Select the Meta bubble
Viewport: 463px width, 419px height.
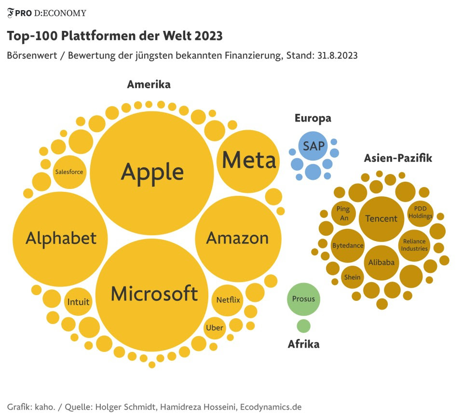click(x=249, y=161)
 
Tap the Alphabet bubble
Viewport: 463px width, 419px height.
click(x=61, y=238)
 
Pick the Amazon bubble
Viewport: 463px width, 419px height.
click(x=238, y=238)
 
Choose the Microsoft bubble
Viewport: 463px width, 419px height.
click(x=154, y=293)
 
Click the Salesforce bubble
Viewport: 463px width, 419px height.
click(x=69, y=172)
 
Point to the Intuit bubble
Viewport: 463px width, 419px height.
click(x=78, y=302)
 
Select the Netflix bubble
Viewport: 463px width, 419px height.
click(x=228, y=300)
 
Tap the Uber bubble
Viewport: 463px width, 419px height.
click(x=215, y=328)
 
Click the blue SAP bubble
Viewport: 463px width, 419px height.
click(x=313, y=146)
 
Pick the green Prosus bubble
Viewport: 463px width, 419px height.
click(x=303, y=299)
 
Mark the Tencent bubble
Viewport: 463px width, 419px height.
click(x=381, y=218)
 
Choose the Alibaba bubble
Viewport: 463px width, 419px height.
click(x=381, y=262)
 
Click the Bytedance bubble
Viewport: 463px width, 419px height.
click(x=348, y=245)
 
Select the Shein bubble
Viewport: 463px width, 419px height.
click(x=352, y=277)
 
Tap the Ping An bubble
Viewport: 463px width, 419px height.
click(x=343, y=214)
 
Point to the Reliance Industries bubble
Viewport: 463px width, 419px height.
click(x=415, y=245)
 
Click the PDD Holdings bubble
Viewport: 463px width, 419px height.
click(x=420, y=213)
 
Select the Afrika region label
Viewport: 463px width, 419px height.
click(x=303, y=344)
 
